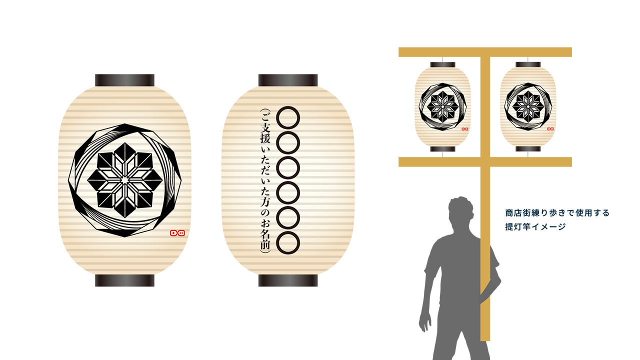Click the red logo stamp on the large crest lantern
tap(177, 232)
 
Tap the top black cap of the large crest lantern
tap(124, 80)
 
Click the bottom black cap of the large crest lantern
tap(124, 280)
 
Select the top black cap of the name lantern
tap(288, 80)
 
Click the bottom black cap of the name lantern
tap(288, 280)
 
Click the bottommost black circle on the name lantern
tap(288, 241)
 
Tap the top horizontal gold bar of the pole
tap(485, 52)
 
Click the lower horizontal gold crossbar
tap(485, 162)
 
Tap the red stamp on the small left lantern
tap(465, 128)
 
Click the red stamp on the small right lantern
tap(550, 128)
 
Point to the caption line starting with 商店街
tap(557, 213)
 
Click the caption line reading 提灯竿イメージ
tap(535, 226)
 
